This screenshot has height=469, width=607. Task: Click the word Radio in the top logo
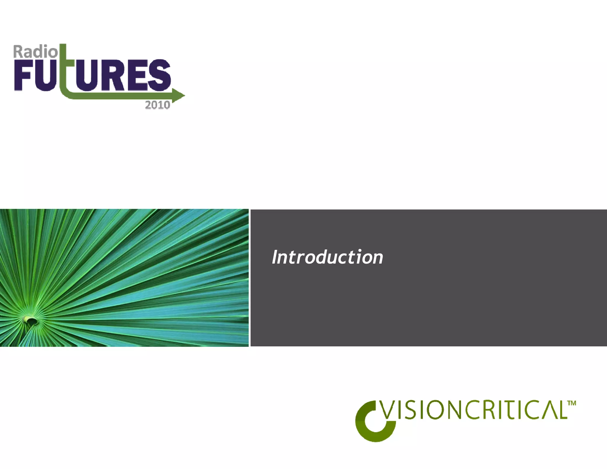click(35, 52)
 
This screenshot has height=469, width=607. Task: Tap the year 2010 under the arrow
click(157, 105)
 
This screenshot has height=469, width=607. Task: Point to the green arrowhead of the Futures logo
click(178, 95)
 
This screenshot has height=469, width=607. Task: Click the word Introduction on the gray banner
click(328, 257)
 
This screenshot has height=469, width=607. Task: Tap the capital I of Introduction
click(276, 257)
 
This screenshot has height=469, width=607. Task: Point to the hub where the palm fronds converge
click(30, 320)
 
